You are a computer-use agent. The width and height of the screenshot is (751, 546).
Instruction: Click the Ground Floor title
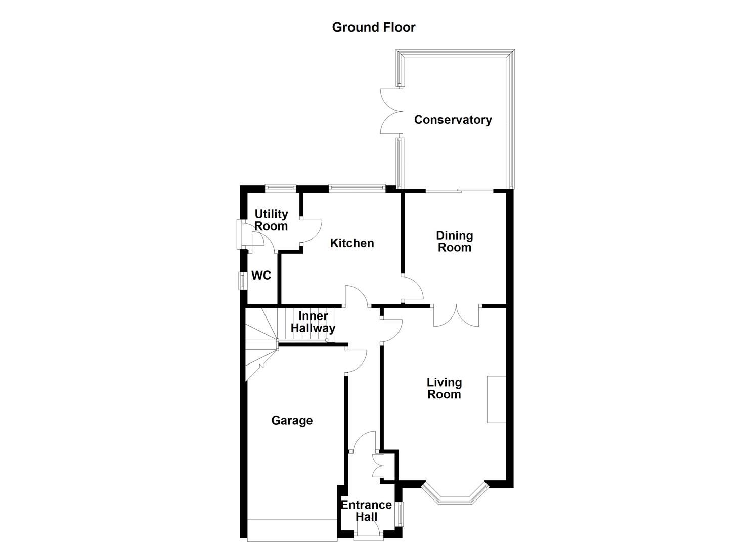pos(373,27)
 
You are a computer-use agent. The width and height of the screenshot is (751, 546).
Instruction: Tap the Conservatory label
pos(453,120)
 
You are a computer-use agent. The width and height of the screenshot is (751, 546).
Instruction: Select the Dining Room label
pos(454,241)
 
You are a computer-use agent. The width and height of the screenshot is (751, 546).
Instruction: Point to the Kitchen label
pos(352,243)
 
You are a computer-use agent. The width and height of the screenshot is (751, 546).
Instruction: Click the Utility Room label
pos(271,220)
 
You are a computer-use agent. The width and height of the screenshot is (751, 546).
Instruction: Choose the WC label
pos(261,276)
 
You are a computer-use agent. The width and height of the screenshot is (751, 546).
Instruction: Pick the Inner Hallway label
pos(313,322)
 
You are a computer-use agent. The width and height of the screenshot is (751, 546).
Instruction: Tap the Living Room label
pos(444,388)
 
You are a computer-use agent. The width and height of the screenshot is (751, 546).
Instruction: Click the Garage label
pos(292,421)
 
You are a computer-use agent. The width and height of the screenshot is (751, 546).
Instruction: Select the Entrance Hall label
pos(366,511)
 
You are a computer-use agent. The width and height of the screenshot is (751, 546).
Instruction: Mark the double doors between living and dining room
pos(456,315)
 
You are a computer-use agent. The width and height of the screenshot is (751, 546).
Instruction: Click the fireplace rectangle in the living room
pos(496,399)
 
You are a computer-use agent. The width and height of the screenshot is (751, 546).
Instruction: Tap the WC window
pos(242,280)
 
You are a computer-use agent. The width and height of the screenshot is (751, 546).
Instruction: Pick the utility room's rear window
pos(281,188)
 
